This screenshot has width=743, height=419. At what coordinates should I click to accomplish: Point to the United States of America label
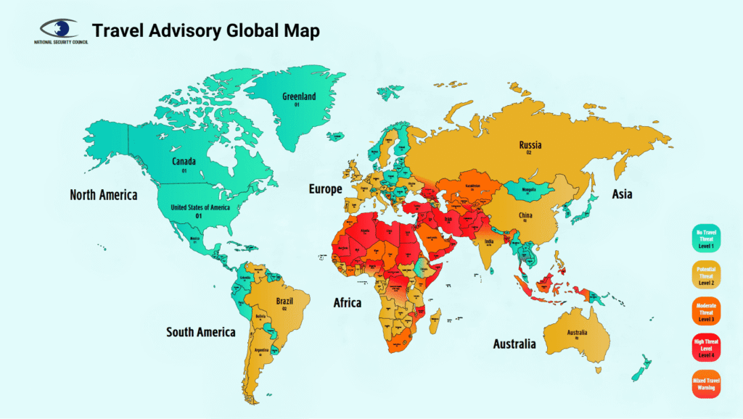pos(200,207)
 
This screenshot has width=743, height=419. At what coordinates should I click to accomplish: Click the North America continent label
pos(103,194)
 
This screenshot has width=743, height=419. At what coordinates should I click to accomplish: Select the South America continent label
pos(201,332)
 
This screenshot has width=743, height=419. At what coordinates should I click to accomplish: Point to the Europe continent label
pos(325,189)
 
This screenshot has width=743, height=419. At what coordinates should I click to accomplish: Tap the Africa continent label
pos(347,302)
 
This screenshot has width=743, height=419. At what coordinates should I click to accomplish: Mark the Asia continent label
pos(622,194)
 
